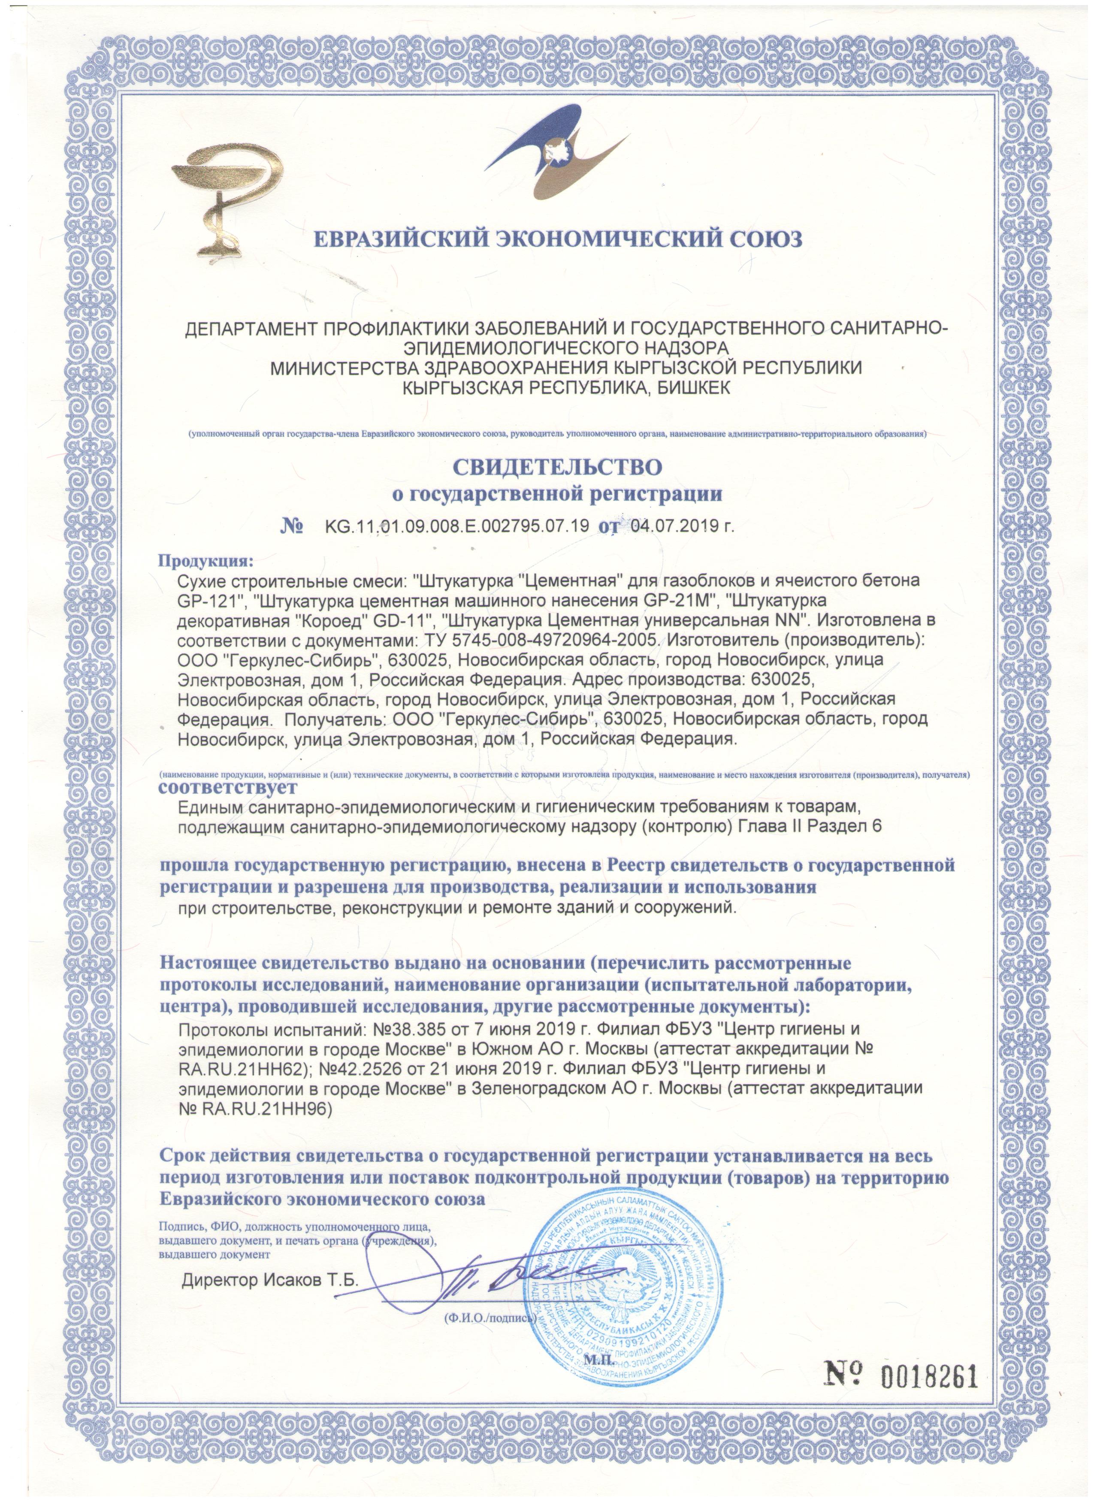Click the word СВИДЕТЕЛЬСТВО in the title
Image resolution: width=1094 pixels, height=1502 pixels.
[557, 466]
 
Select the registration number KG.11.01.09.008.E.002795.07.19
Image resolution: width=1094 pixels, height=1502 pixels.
[456, 526]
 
